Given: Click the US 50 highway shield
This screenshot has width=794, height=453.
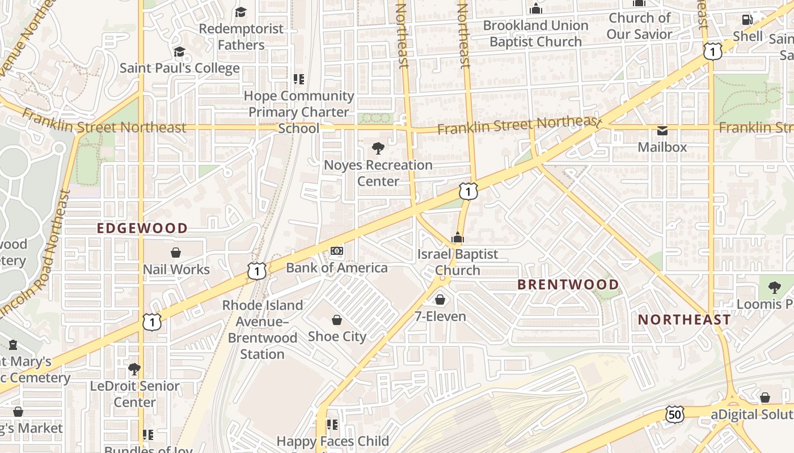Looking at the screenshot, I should click(674, 414).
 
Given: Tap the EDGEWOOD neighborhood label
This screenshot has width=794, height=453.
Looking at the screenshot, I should click(142, 228).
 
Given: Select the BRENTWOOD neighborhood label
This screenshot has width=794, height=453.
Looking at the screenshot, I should click(568, 284).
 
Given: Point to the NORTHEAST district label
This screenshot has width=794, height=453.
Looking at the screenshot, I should click(685, 320).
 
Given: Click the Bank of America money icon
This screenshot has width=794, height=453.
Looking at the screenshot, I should click(337, 251).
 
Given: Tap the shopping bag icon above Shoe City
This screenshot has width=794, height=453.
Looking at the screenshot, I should click(337, 320).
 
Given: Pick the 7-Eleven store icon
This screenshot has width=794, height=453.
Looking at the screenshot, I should click(440, 300).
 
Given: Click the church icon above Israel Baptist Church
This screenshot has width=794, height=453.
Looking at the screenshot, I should click(457, 238).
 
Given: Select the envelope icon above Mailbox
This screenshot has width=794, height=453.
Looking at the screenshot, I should click(662, 131).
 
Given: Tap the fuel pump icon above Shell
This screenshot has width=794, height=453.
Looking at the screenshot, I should click(747, 20).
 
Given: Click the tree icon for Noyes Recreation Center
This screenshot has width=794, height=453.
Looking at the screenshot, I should click(378, 149).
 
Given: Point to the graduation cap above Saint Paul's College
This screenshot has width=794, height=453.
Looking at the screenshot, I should click(179, 52).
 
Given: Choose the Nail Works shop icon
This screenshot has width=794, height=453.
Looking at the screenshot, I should click(176, 253).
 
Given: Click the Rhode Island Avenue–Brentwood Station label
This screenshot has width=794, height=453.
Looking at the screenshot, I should click(262, 330).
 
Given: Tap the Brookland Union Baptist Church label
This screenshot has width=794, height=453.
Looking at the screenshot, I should click(535, 33).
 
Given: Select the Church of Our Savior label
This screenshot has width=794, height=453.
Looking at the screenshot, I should click(639, 26).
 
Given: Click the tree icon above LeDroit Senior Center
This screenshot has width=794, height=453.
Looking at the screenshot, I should click(134, 370).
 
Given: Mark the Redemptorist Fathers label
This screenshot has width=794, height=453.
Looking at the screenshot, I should click(241, 37).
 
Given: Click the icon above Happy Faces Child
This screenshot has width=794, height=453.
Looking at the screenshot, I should click(332, 424).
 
